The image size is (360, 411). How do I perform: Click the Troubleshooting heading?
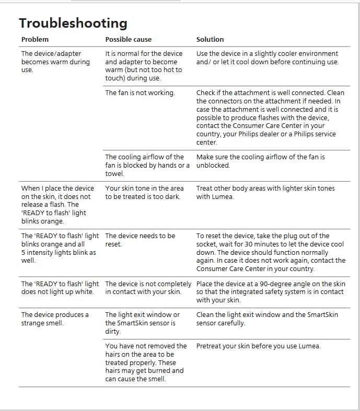(x=73, y=23)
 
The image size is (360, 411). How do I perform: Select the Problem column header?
(x=34, y=39)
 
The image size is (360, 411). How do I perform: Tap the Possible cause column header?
(x=128, y=39)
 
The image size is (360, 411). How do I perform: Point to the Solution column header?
(x=210, y=39)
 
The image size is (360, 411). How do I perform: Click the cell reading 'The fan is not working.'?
(x=140, y=92)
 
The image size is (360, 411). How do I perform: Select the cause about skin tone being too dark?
(x=144, y=192)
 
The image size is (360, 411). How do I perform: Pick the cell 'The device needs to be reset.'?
(x=140, y=240)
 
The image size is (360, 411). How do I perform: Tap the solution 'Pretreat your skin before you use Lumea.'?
(x=258, y=346)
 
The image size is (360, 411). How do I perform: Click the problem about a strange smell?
(x=55, y=319)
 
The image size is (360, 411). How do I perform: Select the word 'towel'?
(x=114, y=173)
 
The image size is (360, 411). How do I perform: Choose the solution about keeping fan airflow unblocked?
(x=260, y=161)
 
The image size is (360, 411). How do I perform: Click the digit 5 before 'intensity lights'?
(x=23, y=252)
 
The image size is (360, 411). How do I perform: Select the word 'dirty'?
(x=113, y=331)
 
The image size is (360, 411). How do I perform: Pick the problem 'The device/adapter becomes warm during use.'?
(x=55, y=62)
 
